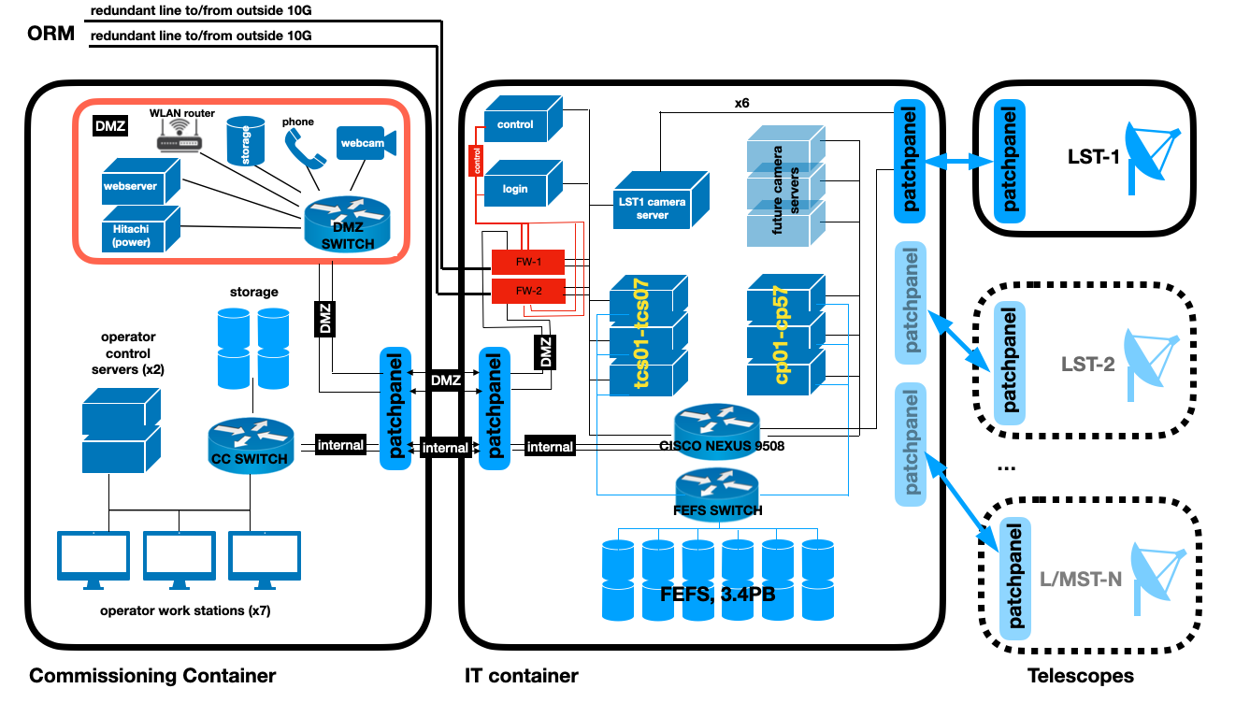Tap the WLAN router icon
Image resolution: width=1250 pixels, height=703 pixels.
coord(180,139)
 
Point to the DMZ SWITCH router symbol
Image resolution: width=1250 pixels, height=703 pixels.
coord(339,222)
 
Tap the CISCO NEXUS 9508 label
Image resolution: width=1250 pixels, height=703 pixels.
coord(722,446)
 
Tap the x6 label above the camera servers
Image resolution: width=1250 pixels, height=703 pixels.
coord(741,103)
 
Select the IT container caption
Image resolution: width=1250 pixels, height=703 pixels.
coord(521,675)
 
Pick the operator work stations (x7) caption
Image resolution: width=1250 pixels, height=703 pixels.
coord(184,611)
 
